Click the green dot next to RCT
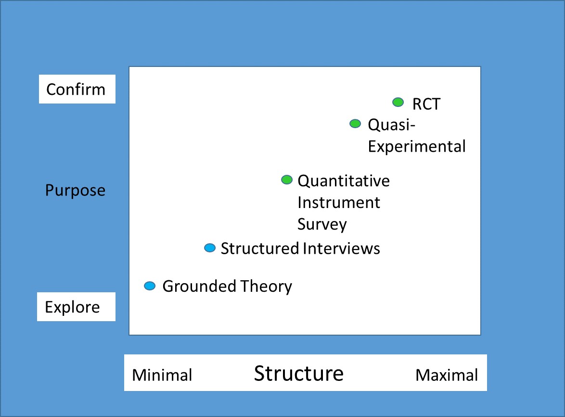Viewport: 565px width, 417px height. [398, 103]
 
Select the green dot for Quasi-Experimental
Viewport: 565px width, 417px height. [355, 124]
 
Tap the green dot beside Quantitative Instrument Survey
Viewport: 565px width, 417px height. [287, 180]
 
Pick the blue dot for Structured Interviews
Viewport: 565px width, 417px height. [210, 248]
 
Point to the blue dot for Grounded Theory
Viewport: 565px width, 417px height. [150, 286]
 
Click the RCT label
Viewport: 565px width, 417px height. [426, 104]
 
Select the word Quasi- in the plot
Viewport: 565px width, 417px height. [392, 125]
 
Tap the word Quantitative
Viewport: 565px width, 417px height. [344, 181]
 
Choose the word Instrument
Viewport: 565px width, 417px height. [339, 203]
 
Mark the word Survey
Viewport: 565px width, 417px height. [322, 224]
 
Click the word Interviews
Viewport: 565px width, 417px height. [342, 248]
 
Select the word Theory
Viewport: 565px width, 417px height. [266, 287]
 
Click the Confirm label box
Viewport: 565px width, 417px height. [77, 89]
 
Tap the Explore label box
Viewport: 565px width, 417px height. [77, 307]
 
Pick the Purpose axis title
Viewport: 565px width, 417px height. [75, 190]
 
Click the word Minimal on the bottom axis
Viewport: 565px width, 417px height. [162, 375]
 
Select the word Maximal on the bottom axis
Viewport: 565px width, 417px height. [447, 375]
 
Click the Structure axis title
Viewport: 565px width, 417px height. [299, 373]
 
